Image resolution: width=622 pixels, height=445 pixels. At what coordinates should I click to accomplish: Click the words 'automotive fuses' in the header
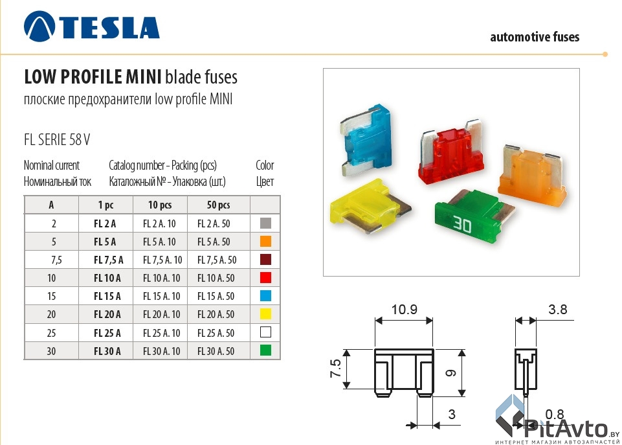(535, 37)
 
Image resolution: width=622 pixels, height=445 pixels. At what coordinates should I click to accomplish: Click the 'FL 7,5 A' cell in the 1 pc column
(105, 260)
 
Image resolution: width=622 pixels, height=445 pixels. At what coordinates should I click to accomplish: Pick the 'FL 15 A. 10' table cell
(161, 296)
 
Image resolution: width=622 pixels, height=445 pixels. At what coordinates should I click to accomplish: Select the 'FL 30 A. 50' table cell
(216, 352)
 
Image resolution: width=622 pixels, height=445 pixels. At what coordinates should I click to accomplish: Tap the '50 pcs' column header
(218, 205)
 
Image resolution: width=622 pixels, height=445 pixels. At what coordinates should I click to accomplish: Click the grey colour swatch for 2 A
(264, 223)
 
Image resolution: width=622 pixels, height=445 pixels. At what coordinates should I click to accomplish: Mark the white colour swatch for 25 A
(264, 333)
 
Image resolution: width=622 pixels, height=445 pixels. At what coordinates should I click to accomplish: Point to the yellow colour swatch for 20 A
(264, 315)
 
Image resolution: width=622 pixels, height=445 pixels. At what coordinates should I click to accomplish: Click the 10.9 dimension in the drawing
(404, 310)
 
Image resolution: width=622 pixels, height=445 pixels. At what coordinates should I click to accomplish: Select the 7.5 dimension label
(335, 369)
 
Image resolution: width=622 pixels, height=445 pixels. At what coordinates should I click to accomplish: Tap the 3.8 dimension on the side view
(557, 310)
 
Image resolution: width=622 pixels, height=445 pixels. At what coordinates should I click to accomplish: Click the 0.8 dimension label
(555, 413)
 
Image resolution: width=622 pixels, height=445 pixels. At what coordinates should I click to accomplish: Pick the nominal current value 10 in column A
(51, 278)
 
